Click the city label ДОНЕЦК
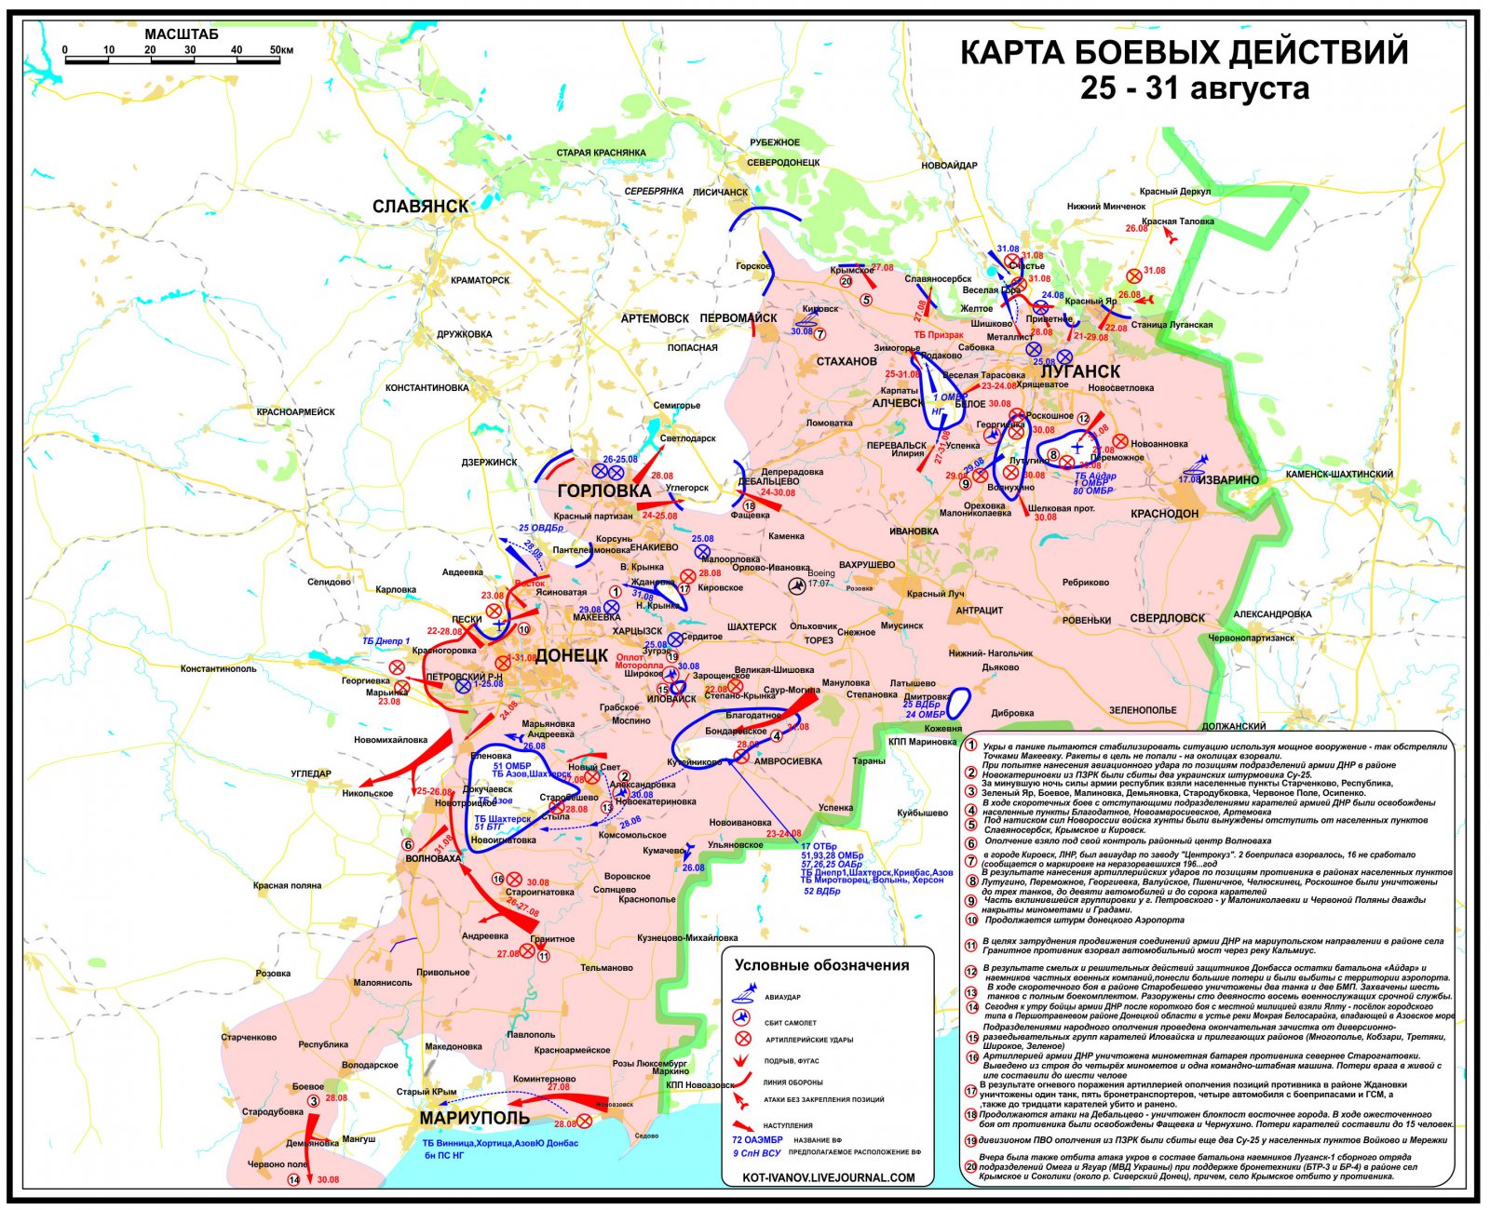(x=572, y=655)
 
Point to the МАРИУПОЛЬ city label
(x=474, y=1118)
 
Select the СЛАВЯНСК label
(x=420, y=206)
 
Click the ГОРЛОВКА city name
(x=603, y=491)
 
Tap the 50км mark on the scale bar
(x=280, y=49)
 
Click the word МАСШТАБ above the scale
(x=182, y=34)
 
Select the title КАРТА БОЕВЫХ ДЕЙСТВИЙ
(x=1184, y=53)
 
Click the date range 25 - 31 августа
(x=1194, y=89)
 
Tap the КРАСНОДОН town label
(x=1165, y=514)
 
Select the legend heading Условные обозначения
(x=821, y=965)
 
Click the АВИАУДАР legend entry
(x=783, y=997)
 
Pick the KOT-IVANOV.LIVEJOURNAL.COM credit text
(x=829, y=1177)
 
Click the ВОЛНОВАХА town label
(x=433, y=859)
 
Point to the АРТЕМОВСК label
(x=655, y=318)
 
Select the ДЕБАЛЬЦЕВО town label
(x=768, y=482)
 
